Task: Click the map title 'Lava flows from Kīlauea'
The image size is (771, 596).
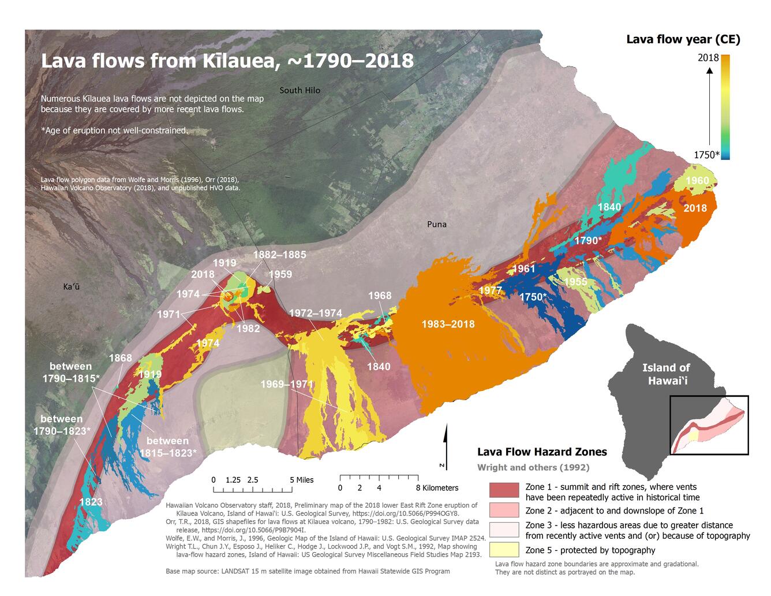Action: coord(227,61)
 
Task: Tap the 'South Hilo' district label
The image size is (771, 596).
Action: coord(300,90)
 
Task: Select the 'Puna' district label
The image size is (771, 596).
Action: coord(436,224)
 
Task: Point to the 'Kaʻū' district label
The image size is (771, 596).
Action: coord(72,286)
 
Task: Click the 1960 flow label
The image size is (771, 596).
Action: coord(697,181)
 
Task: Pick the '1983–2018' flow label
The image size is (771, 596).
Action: coord(448,324)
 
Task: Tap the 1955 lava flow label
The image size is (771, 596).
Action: coord(575,282)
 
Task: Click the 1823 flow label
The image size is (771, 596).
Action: coord(91,502)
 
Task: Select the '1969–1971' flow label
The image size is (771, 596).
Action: coord(286,385)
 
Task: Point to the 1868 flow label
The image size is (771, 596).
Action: coord(120,358)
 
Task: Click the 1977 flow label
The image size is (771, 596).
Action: coord(490,290)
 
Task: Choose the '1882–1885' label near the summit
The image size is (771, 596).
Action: coord(279,255)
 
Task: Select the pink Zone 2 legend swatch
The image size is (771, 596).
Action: coord(504,510)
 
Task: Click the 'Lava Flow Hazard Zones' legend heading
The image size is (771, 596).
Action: coord(541,452)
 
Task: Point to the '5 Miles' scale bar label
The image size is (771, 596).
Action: coord(301,480)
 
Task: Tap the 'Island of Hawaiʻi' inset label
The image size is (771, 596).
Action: coord(666,374)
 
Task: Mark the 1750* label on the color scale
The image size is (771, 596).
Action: coord(706,154)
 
